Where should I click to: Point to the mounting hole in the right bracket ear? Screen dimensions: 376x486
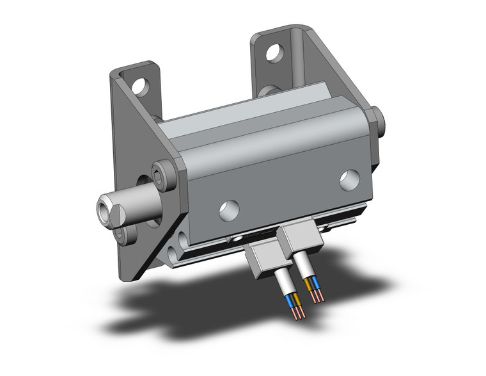coord(274,52)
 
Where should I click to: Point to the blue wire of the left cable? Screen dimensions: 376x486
coord(291,302)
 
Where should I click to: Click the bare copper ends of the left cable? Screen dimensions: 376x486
coord(298,313)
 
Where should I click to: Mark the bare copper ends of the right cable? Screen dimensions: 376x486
coord(316,296)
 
